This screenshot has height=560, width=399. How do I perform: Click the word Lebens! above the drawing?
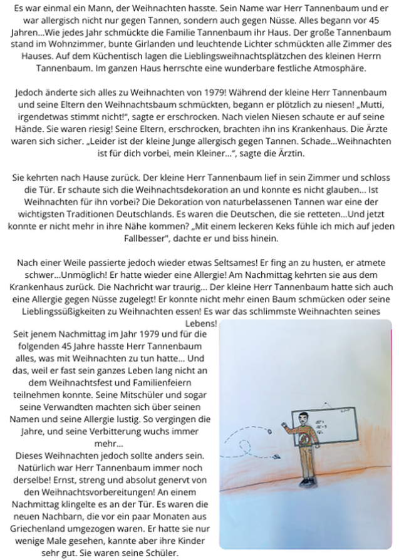coord(202,323)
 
